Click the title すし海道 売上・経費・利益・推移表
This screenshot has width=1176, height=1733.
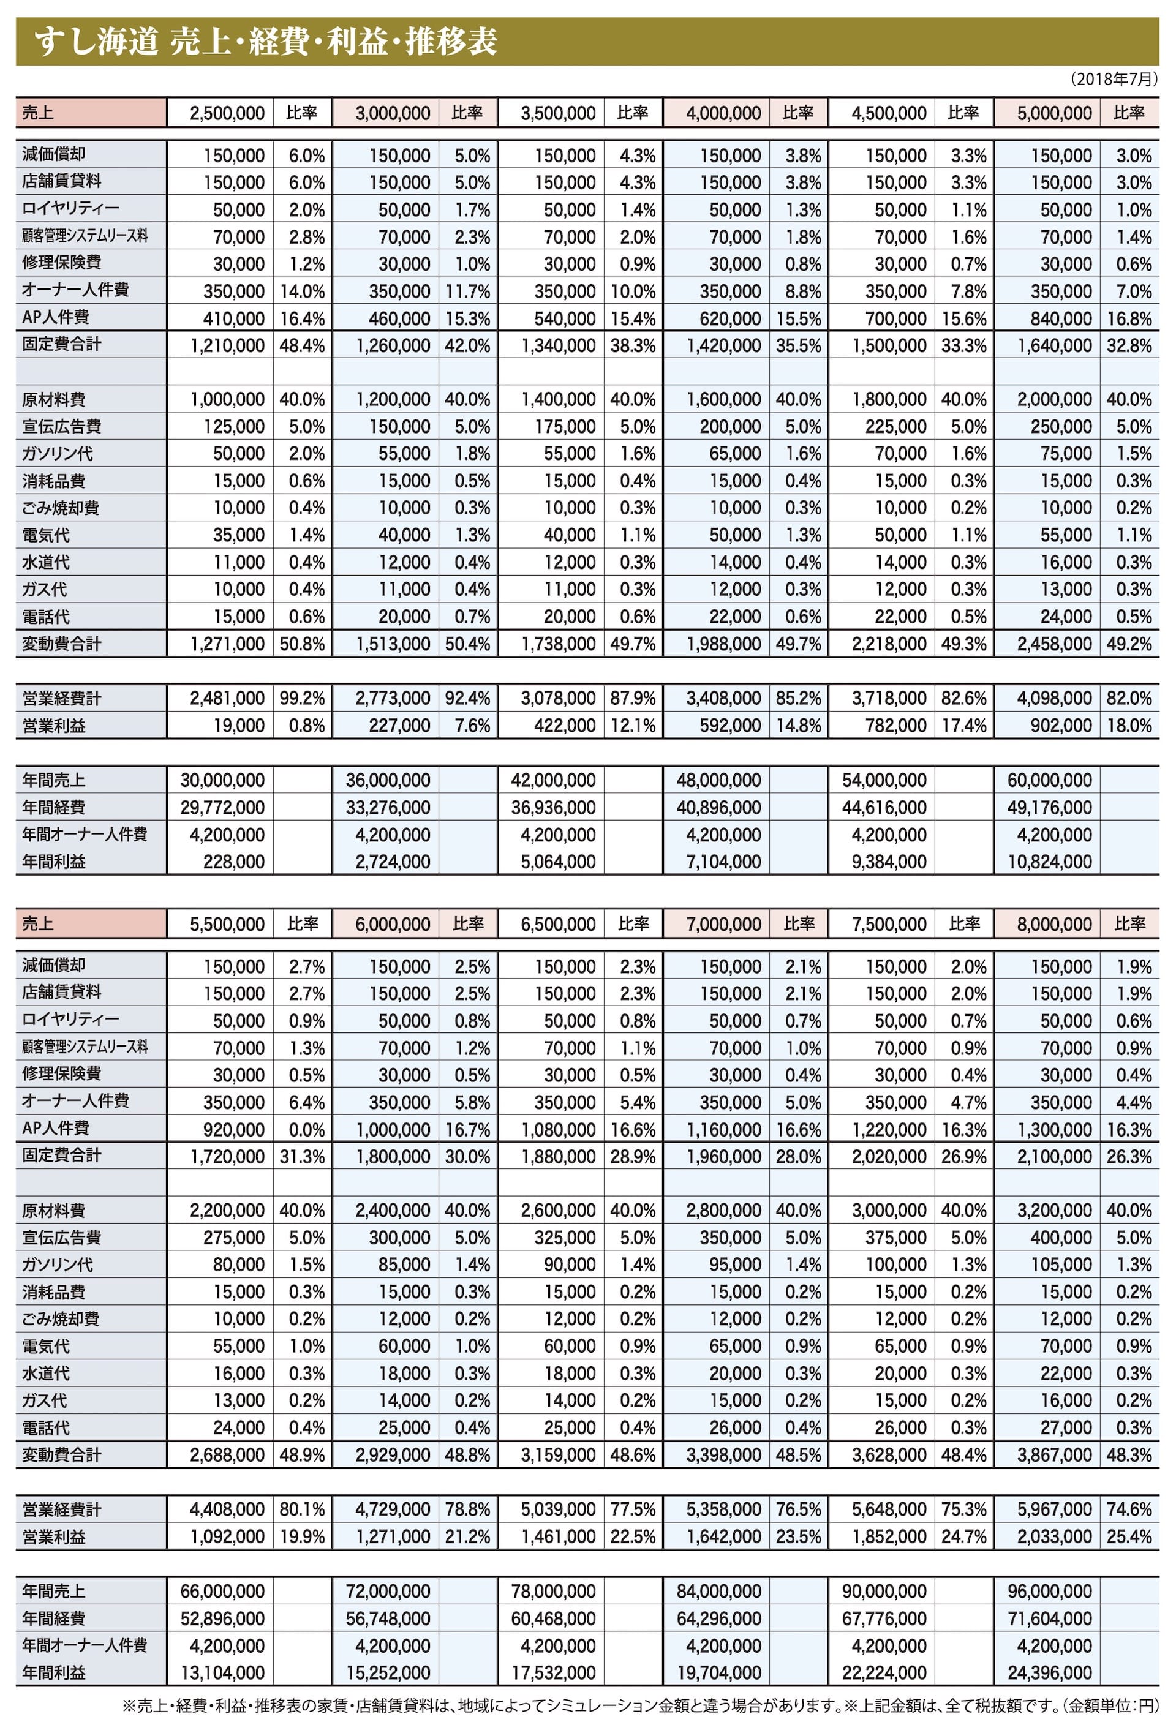pyautogui.click(x=265, y=42)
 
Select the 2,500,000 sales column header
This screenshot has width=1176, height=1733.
pyautogui.click(x=227, y=113)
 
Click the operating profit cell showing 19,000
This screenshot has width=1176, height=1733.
pyautogui.click(x=239, y=726)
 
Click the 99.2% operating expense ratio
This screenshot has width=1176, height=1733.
pyautogui.click(x=302, y=699)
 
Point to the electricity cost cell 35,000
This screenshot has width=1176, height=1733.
pyautogui.click(x=239, y=535)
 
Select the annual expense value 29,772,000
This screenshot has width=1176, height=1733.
pyautogui.click(x=222, y=808)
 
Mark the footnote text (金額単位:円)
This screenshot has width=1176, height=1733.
pyautogui.click(x=1110, y=1705)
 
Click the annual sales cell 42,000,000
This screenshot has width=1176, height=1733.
pyautogui.click(x=552, y=781)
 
